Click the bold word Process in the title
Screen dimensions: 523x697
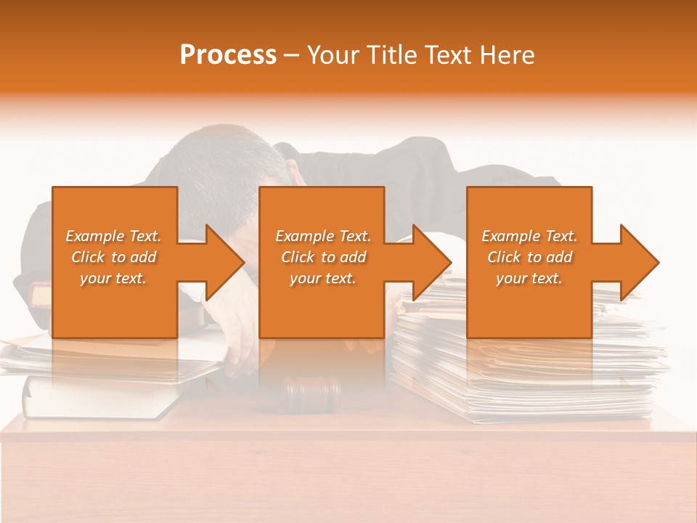[x=228, y=54]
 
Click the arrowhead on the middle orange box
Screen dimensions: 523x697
[x=430, y=262]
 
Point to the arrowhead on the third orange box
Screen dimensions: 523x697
[x=637, y=262]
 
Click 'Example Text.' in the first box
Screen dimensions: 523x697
[x=113, y=236]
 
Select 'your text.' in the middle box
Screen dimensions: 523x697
[x=323, y=278]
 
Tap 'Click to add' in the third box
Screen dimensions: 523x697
[x=529, y=257]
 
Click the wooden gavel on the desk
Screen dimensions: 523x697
[x=312, y=392]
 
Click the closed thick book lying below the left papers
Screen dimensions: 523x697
[x=94, y=400]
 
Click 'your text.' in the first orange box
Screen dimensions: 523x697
[x=113, y=278]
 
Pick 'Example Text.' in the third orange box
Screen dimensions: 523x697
[x=529, y=236]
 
